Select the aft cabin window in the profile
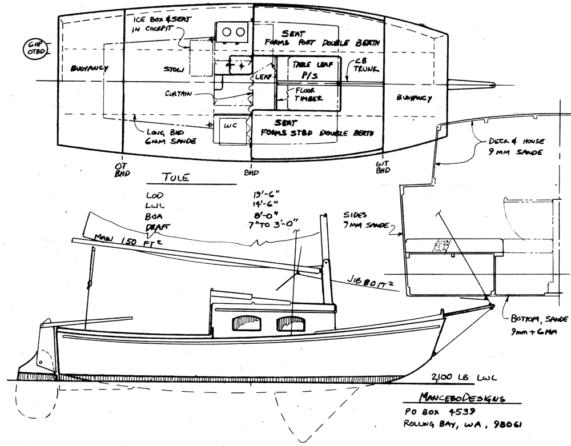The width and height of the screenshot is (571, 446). click(x=244, y=324)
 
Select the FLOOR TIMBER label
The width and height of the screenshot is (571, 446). click(x=308, y=94)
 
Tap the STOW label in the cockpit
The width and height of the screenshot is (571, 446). click(x=173, y=69)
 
